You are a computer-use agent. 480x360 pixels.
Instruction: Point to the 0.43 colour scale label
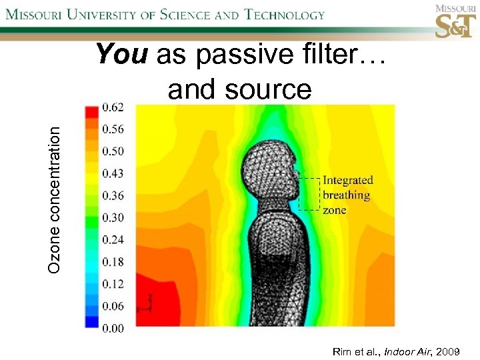112,173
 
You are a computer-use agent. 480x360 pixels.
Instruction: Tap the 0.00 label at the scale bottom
112,327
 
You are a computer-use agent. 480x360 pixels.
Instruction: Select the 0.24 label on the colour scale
112,239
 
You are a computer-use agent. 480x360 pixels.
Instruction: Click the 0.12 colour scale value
112,283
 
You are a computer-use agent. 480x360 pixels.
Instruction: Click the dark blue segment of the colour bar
91,321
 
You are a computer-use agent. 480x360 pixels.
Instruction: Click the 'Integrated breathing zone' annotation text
347,195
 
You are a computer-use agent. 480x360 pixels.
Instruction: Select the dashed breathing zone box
309,194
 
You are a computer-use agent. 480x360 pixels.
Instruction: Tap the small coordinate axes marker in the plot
145,304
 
